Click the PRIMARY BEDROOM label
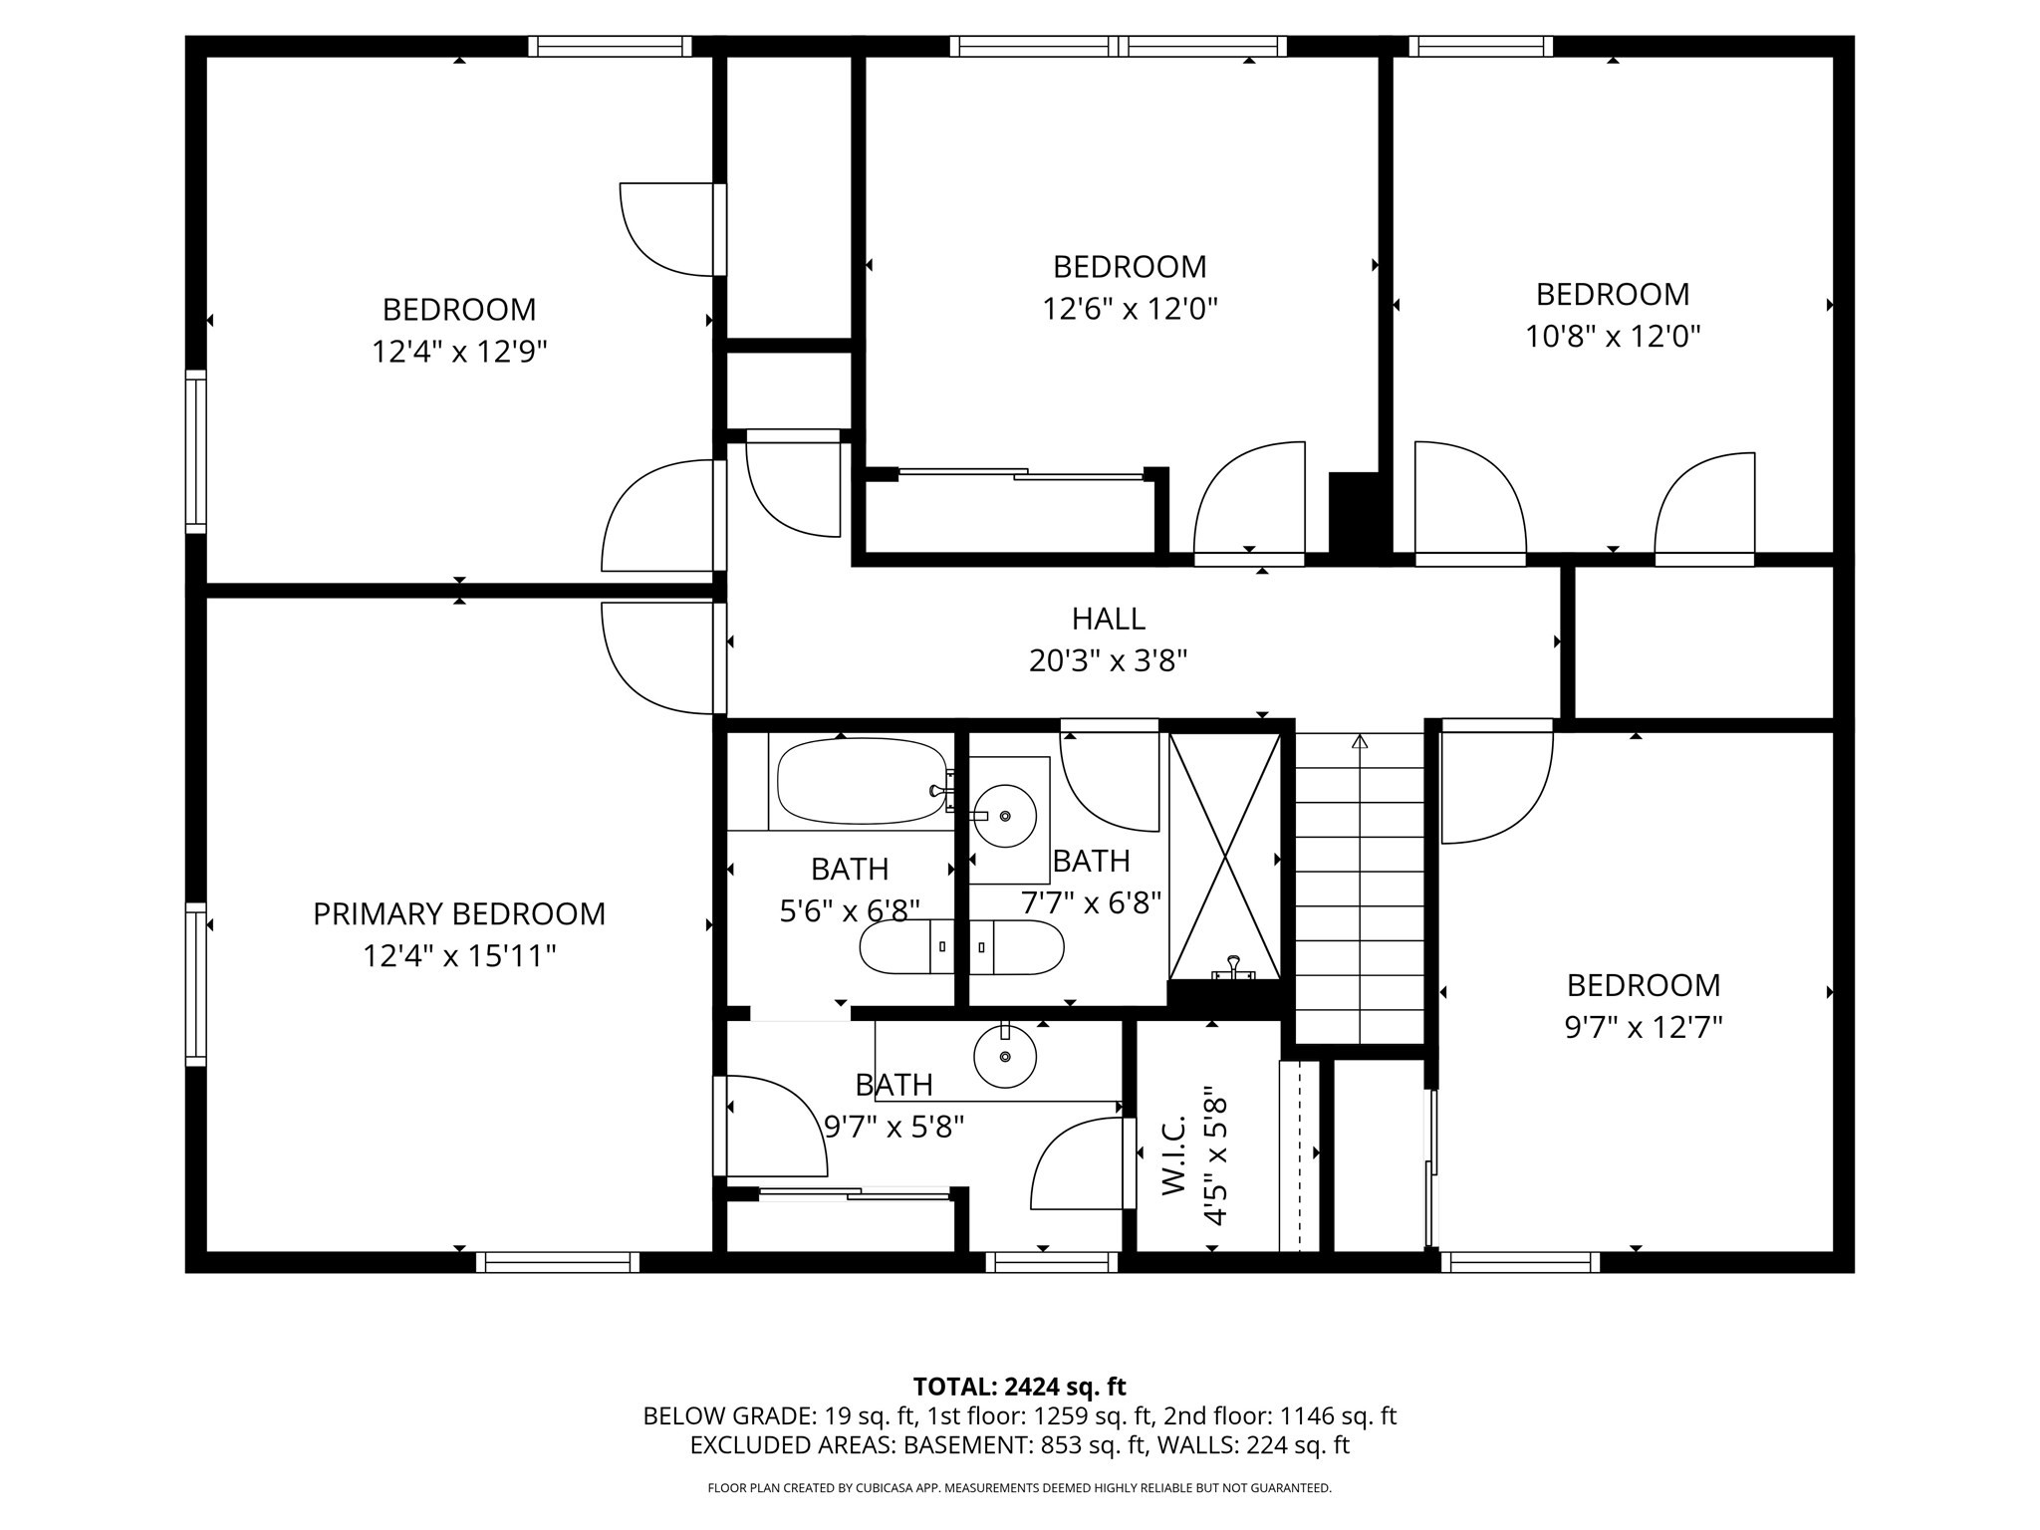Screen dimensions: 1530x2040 pos(458,913)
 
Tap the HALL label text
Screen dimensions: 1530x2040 pos(1108,619)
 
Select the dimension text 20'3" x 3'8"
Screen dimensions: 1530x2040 pos(1108,660)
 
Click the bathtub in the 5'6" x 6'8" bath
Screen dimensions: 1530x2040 pos(860,781)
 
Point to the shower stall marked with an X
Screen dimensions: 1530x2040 pos(1224,857)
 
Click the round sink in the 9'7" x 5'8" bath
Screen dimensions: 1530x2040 pos(1004,1057)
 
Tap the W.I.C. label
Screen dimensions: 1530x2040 pos(1174,1154)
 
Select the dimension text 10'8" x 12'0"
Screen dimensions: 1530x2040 pos(1612,337)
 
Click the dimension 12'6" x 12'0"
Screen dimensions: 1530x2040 pos(1130,309)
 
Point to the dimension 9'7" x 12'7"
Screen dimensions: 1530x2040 pos(1643,1027)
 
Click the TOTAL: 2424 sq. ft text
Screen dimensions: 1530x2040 pos(1019,1387)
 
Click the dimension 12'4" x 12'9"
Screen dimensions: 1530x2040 pos(459,352)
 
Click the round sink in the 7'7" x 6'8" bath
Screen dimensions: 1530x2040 pos(1004,816)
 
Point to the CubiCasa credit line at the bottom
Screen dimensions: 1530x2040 pos(1019,1488)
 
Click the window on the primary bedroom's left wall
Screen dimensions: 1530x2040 pos(196,983)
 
